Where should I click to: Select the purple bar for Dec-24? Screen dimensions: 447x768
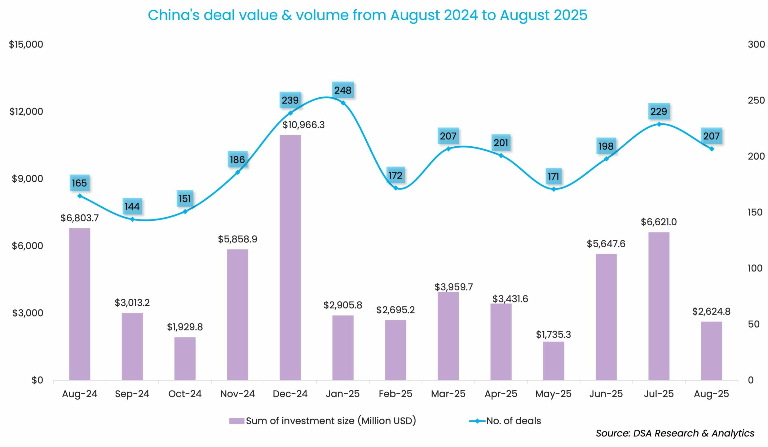[x=290, y=257]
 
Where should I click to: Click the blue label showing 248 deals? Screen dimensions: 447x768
[x=343, y=90]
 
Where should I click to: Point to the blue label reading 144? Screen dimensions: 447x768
[x=132, y=206]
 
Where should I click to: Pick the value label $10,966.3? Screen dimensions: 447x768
[x=303, y=125]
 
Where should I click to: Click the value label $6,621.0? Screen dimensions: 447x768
[x=659, y=222]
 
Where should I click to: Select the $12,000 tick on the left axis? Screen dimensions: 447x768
[x=26, y=112]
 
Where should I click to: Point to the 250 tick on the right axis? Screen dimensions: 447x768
[x=756, y=100]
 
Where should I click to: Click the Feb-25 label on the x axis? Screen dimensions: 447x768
[x=395, y=394]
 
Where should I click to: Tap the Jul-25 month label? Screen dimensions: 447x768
[x=659, y=394]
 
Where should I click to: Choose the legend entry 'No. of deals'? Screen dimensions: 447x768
[x=513, y=421]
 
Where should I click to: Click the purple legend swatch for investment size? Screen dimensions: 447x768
[x=237, y=421]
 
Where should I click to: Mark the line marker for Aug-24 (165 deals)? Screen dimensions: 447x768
[x=80, y=196]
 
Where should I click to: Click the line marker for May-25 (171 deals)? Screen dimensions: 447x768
[x=554, y=189]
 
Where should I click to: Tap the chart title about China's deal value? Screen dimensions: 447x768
[x=367, y=15]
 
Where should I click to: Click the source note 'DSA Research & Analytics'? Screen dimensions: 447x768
[x=675, y=433]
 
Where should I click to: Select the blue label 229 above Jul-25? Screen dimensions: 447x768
[x=659, y=111]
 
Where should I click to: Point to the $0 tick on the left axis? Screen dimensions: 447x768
[x=37, y=380]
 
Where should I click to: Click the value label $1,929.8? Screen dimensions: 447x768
[x=185, y=327]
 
